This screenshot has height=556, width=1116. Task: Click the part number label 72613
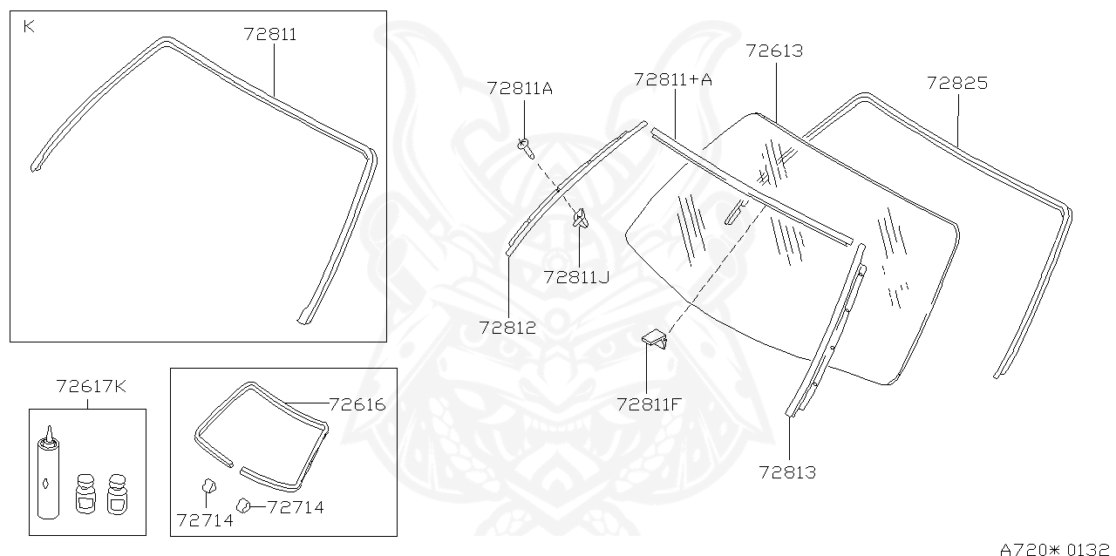pyautogui.click(x=774, y=51)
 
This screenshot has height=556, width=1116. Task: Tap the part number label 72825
pyautogui.click(x=956, y=84)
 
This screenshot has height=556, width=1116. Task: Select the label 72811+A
pyautogui.click(x=673, y=80)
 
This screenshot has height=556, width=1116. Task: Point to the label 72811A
pyautogui.click(x=520, y=89)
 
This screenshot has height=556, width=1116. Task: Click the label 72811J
pyautogui.click(x=576, y=277)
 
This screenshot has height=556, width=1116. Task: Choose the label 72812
pyautogui.click(x=507, y=328)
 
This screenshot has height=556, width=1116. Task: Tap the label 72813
pyautogui.click(x=787, y=472)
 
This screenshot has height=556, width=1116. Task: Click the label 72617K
pyautogui.click(x=91, y=386)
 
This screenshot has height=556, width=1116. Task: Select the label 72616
pyautogui.click(x=357, y=404)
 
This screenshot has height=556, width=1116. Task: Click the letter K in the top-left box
pyautogui.click(x=29, y=27)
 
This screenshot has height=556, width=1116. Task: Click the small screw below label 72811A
pyautogui.click(x=525, y=147)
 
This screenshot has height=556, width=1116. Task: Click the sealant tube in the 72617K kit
pyautogui.click(x=49, y=477)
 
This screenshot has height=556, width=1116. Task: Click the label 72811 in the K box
pyautogui.click(x=270, y=35)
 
